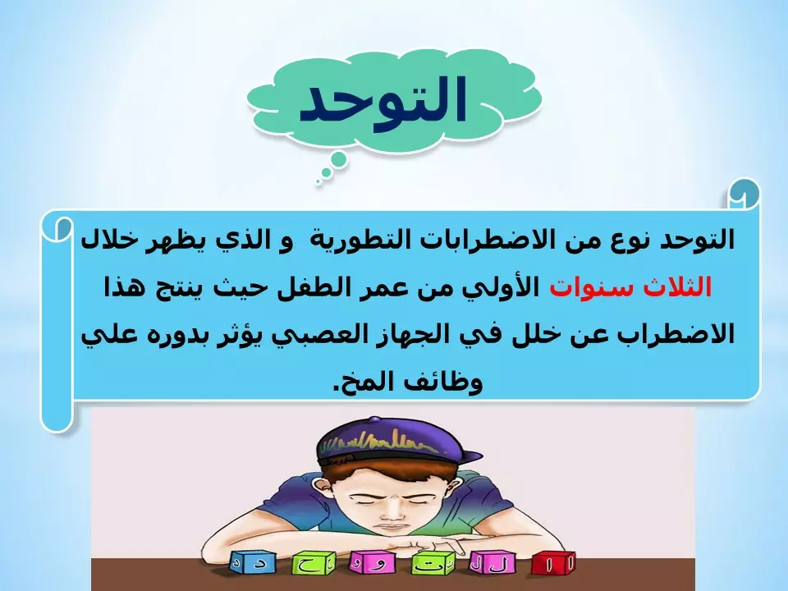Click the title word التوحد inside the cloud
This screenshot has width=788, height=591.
[383, 102]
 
